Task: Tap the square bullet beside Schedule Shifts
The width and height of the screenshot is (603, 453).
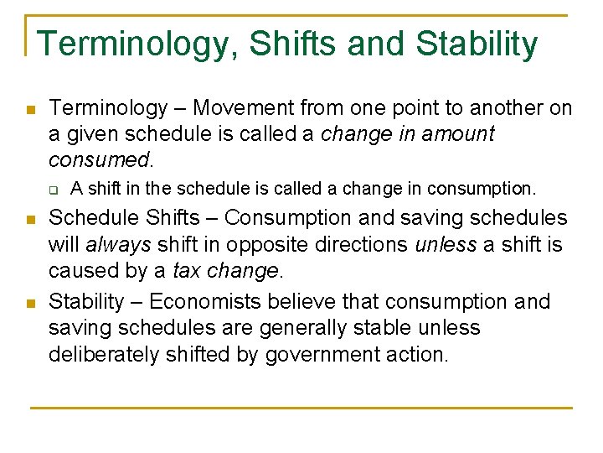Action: click(x=29, y=220)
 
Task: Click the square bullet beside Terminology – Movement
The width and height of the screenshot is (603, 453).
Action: click(x=29, y=110)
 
